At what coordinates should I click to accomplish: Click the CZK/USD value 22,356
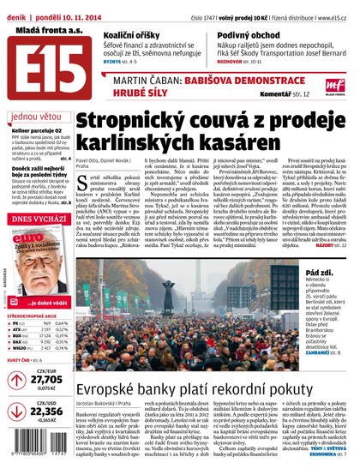(x=46, y=412)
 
